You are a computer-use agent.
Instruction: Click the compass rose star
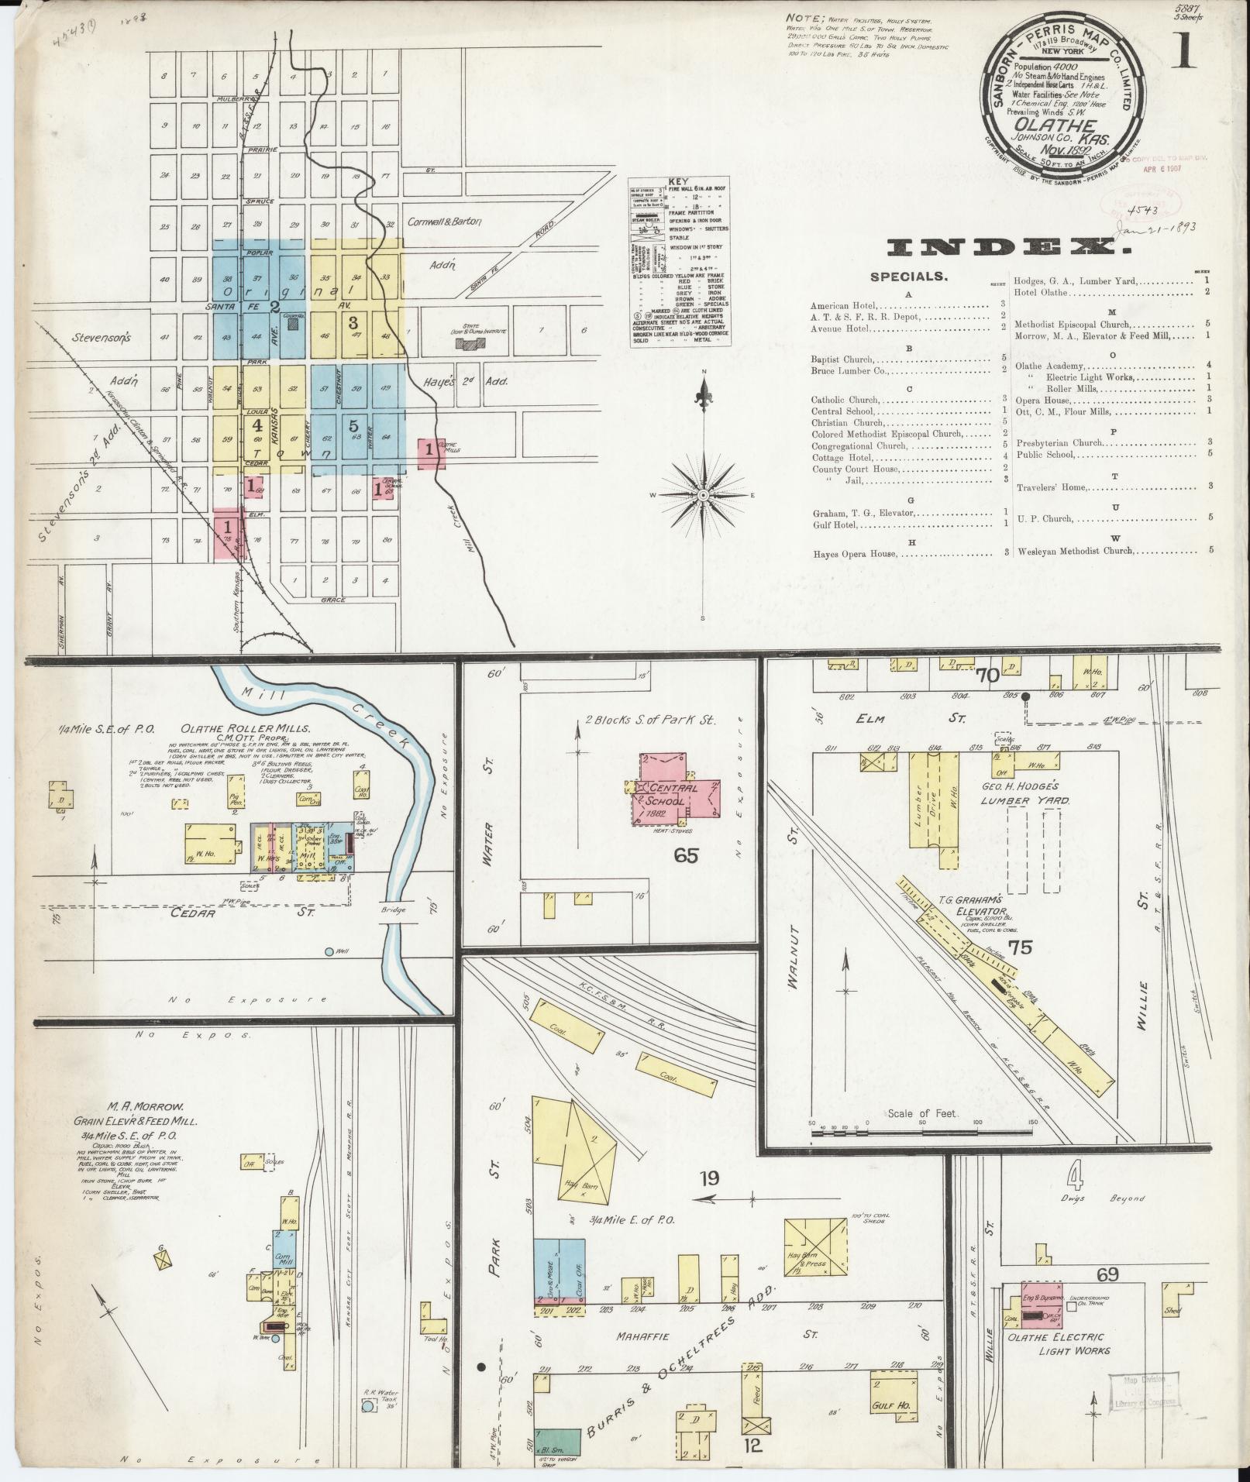pyautogui.click(x=703, y=494)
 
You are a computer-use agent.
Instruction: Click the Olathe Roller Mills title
pyautogui.click(x=246, y=729)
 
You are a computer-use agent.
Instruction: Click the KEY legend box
pyautogui.click(x=678, y=261)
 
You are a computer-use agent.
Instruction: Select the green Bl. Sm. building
pyautogui.click(x=556, y=1439)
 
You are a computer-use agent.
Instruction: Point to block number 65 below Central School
pyautogui.click(x=686, y=855)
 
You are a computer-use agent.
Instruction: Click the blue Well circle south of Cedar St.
pyautogui.click(x=329, y=951)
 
